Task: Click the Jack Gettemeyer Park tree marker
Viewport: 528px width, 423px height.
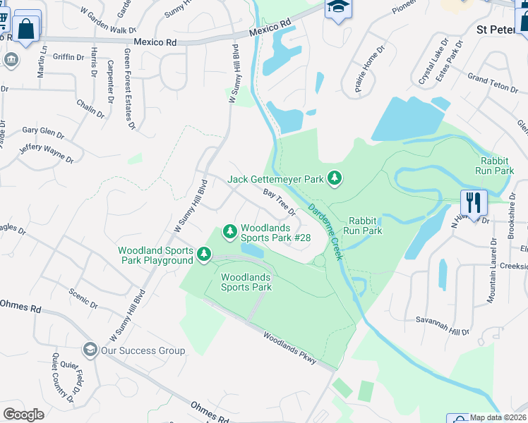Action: pos(335,179)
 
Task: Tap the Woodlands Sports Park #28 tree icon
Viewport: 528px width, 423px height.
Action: pos(229,231)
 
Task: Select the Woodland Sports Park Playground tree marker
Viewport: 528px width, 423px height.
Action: pos(205,253)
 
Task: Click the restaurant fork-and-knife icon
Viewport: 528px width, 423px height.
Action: pos(474,202)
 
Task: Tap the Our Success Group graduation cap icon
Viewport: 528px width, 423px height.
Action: pos(90,350)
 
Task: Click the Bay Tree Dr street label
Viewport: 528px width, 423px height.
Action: pos(279,202)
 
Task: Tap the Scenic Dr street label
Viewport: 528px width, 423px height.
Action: pos(82,299)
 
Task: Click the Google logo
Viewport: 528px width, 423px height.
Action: pos(24,415)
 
